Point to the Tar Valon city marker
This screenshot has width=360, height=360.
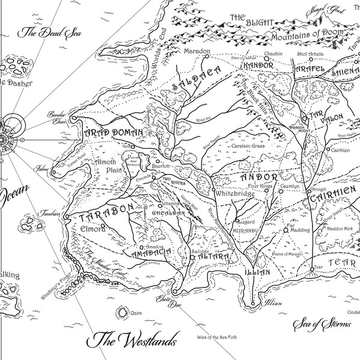click(x=304, y=118)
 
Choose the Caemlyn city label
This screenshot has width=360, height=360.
click(x=289, y=187)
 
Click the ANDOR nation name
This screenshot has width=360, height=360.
click(x=259, y=178)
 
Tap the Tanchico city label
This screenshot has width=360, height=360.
click(x=50, y=211)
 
